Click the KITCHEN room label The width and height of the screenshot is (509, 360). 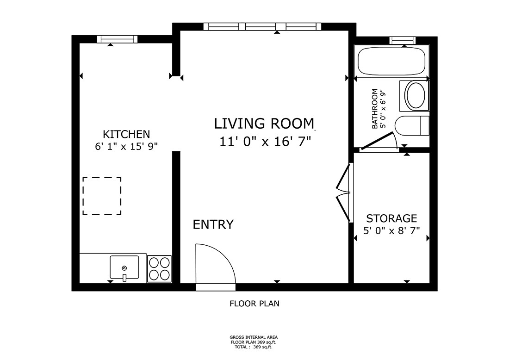126,134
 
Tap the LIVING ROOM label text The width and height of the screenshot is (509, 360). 264,124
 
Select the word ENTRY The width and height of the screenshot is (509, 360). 213,224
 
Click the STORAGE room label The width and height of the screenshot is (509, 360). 391,218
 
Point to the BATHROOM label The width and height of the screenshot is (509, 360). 375,109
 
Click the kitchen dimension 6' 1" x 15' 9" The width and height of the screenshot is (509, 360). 126,146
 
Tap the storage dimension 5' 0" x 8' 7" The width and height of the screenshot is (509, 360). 391,230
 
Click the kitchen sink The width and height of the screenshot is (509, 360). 124,268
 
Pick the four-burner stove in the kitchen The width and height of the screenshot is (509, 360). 159,268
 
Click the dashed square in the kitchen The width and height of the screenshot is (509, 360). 102,196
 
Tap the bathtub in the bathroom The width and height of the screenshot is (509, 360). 392,62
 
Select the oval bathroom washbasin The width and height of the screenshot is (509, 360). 417,96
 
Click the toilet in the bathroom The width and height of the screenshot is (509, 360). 412,125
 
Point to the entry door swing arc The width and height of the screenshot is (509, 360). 215,266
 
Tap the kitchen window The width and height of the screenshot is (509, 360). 118,39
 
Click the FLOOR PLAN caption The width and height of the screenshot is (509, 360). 254,304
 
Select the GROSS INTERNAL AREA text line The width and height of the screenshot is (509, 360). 254,337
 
